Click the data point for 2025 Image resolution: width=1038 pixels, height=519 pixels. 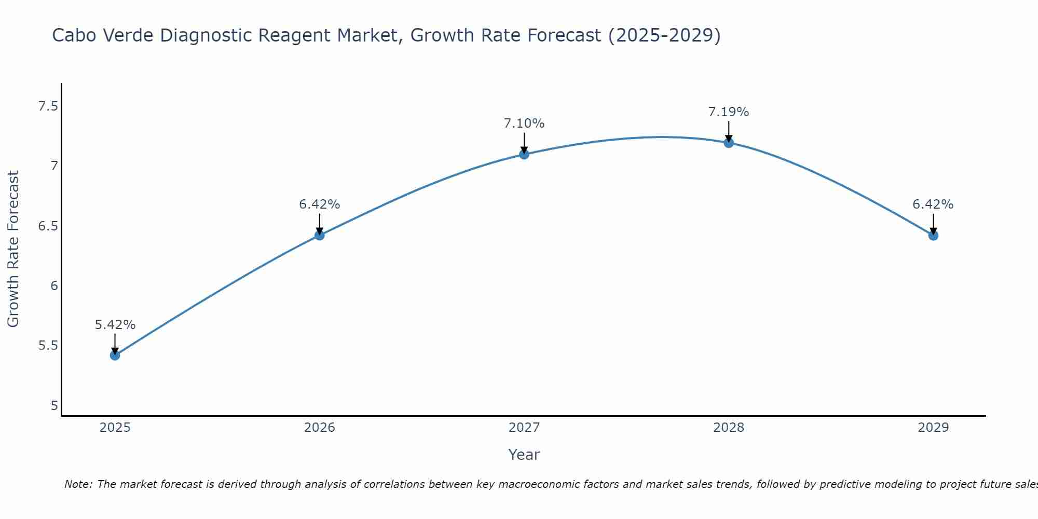(x=115, y=355)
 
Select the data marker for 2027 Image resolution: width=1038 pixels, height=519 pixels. (x=524, y=154)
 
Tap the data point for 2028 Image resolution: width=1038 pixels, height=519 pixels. (x=729, y=143)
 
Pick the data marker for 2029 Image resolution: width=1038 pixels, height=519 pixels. (x=933, y=235)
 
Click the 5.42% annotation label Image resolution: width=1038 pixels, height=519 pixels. (x=115, y=325)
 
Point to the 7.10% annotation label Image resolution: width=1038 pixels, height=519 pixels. (x=524, y=124)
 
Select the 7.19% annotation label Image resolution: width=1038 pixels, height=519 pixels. (x=729, y=112)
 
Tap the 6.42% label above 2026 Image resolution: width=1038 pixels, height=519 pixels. (x=319, y=204)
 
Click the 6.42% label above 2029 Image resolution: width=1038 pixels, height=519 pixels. (x=933, y=204)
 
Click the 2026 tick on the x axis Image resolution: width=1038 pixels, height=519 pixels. (x=319, y=428)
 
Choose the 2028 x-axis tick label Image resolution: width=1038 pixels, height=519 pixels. (x=729, y=428)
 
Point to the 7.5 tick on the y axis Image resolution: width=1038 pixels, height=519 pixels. (x=48, y=106)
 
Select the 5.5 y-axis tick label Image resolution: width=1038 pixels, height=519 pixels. (x=48, y=346)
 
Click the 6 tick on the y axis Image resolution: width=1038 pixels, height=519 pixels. (x=54, y=286)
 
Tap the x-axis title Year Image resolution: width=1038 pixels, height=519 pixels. (x=524, y=455)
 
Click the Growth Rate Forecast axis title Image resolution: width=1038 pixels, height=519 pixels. (x=13, y=249)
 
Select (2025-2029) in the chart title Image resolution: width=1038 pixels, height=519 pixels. (x=664, y=35)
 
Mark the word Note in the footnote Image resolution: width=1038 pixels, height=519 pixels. (x=78, y=484)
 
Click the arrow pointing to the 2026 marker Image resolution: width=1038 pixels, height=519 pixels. (x=319, y=224)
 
